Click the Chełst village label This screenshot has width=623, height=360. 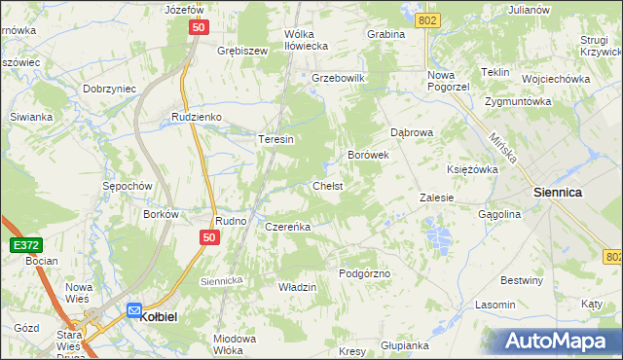327,185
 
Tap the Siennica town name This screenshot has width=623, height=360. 558,193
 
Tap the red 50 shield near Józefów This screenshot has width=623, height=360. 198,30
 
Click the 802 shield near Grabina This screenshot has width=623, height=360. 425,19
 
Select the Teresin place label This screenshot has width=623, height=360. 275,139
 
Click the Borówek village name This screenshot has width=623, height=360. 369,155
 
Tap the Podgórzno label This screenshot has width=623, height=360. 364,273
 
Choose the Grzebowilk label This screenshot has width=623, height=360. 338,77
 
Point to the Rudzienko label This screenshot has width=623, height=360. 197,117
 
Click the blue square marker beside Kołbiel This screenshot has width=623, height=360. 134,310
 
